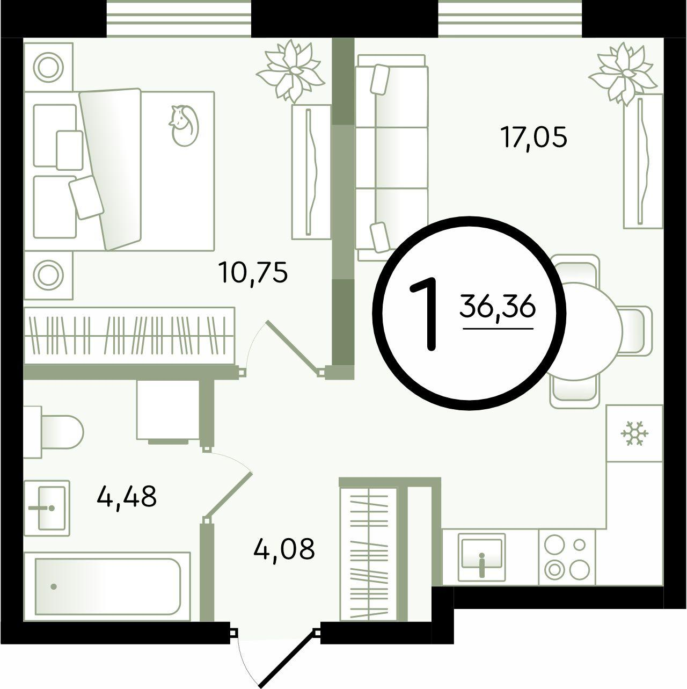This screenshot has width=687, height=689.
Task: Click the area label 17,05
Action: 535,138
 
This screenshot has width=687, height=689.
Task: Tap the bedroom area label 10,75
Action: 254,273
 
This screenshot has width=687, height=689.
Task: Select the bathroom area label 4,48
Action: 127,496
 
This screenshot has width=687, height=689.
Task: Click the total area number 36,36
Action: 498,307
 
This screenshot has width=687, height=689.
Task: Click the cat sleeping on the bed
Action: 184,125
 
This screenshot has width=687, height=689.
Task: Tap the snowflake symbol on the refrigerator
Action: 634,433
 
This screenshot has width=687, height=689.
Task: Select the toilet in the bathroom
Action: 54,432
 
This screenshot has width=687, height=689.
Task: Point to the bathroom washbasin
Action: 47,507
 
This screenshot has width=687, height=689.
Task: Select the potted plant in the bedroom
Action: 290,71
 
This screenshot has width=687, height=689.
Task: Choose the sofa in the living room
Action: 392,157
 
